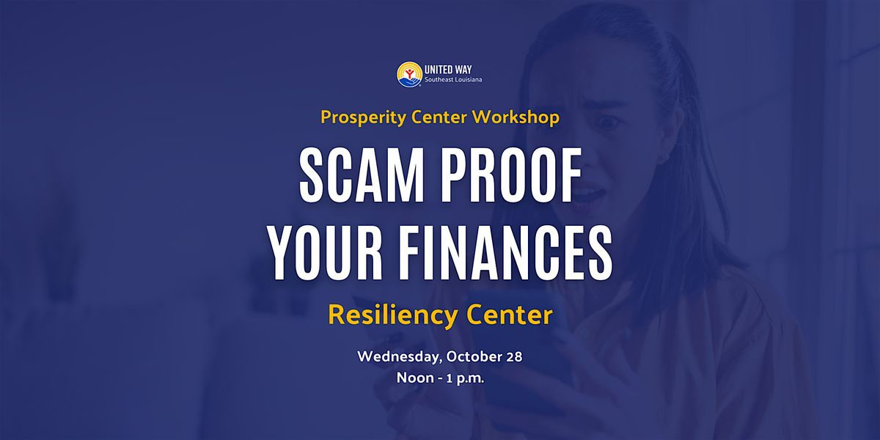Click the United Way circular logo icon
coord(409,74)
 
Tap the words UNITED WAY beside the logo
coord(448,70)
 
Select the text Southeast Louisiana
coord(453,80)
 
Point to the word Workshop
coord(516,117)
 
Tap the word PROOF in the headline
coord(512,175)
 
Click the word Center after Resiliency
coord(509,315)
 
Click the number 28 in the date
coord(514,356)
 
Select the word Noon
coord(415,378)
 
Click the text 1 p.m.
coord(466,378)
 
